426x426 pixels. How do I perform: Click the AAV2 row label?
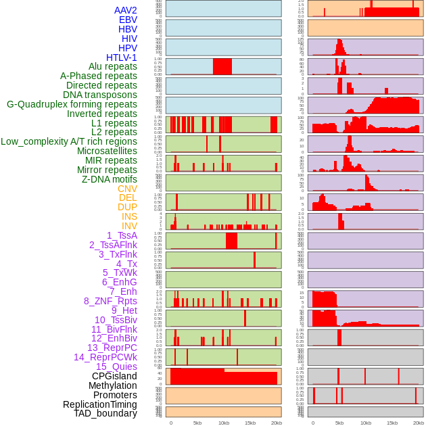point(125,10)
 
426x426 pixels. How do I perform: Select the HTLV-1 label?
point(121,57)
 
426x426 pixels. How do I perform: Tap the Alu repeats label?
point(112,66)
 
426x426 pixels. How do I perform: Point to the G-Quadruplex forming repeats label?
point(72,104)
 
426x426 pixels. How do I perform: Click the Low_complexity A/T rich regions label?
point(69,141)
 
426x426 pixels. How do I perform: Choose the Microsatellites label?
point(107,151)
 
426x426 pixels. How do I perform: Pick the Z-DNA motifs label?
point(110,179)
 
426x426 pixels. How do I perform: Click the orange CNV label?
point(127,189)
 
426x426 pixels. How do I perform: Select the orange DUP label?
point(127,207)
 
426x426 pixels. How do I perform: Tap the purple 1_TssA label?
point(122,235)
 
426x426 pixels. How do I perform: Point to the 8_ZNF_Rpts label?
point(110,301)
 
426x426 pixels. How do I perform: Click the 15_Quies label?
point(116,366)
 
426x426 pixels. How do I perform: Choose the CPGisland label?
point(114,376)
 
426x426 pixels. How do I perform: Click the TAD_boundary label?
point(105,413)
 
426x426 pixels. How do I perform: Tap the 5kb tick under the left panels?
point(197,423)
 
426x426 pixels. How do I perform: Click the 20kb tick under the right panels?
point(419,423)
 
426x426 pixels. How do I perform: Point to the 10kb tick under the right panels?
point(366,423)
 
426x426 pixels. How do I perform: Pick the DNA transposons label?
point(100,95)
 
